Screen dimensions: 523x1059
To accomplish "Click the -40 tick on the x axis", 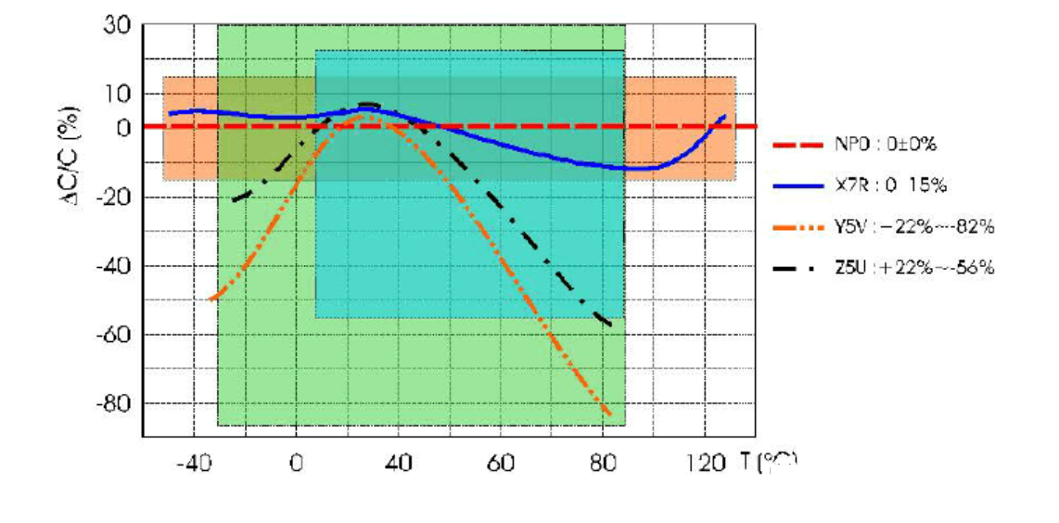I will coord(191,461).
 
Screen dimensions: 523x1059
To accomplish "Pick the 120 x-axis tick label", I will coord(707,461).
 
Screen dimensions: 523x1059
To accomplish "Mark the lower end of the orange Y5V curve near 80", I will coord(609,414).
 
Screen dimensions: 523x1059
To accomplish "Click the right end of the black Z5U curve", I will coord(610,325).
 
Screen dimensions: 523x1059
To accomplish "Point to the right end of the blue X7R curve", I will coord(724,116).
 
